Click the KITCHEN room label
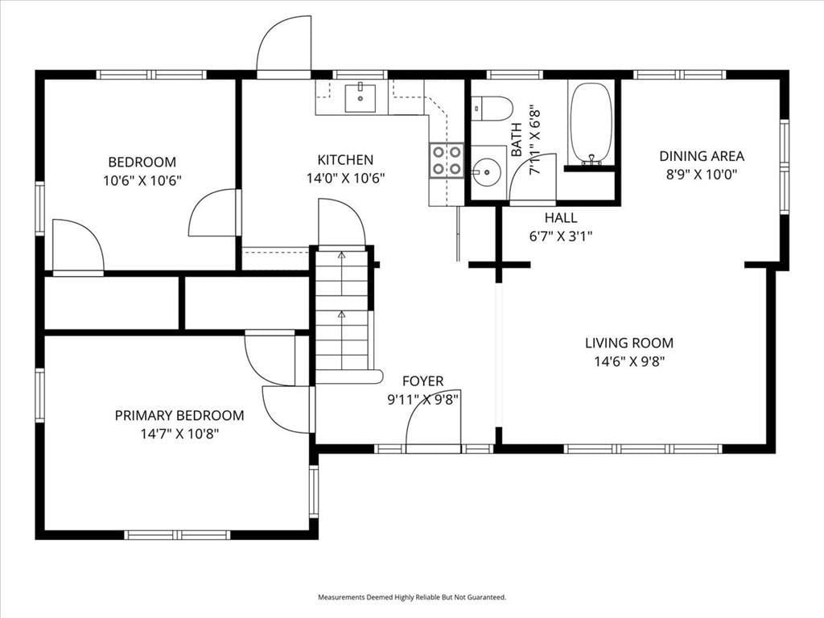345,160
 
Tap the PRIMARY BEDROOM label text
179,416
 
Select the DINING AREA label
702,156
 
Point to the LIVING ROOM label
629,343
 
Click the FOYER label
423,381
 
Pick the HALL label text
561,217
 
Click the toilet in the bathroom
492,109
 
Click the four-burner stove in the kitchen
446,161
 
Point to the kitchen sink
360,97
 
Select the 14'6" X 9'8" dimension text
629,361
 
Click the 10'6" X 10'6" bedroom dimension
142,181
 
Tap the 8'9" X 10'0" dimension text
702,175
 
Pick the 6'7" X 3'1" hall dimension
561,237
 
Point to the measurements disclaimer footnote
412,597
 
